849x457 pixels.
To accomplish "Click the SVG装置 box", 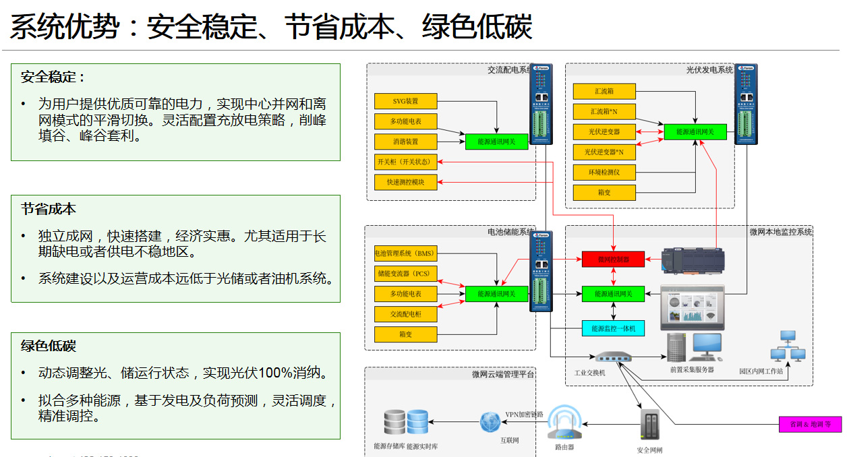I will pos(405,101).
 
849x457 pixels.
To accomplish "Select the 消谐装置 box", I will pos(405,142).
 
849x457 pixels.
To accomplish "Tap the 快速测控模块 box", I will pos(405,182).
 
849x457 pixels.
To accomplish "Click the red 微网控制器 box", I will pos(613,259).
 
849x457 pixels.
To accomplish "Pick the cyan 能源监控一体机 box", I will pos(613,328).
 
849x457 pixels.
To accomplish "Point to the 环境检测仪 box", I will pos(604,173).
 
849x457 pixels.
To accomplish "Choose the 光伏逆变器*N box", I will pos(604,152).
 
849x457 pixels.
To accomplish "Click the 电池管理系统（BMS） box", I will pos(405,254).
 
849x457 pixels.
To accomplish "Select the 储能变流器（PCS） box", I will pos(405,274).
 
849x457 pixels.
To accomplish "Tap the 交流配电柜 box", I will pos(405,314).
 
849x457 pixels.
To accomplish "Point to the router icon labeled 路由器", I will pos(564,422).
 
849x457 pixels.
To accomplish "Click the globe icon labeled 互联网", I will pos(491,422).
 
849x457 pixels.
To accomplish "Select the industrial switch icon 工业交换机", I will pos(613,357).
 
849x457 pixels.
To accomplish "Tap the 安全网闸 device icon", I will pos(649,425).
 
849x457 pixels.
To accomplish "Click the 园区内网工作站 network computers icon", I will pos(788,347).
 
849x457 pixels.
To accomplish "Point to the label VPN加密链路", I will pos(524,415).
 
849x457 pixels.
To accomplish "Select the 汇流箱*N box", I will pos(604,111).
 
